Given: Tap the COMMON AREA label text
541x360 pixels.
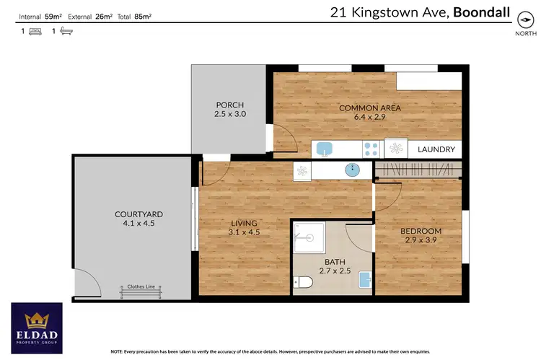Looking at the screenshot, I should pos(370,109).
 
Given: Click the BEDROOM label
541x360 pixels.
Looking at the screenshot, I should pos(421,232).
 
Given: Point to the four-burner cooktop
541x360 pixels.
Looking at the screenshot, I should pos(371,149).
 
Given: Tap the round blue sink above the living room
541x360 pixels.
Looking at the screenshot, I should pos(353,171).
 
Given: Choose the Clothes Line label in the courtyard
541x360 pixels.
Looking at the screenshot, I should pos(141,286).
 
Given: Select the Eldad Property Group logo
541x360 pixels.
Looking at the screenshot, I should pos(36,324).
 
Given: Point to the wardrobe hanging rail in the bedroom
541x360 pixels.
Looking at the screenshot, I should pos(418,171).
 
